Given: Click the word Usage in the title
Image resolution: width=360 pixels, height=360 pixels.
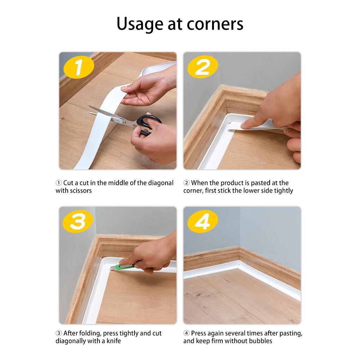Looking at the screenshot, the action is [140, 24].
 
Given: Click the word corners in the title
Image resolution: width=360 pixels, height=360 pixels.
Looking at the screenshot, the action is [215, 24].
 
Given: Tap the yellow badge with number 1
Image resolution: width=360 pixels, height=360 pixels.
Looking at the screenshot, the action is [79, 67].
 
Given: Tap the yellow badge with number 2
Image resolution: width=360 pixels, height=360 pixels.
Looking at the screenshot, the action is [203, 67].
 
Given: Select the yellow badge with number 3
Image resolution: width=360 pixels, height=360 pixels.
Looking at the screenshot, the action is [78, 221].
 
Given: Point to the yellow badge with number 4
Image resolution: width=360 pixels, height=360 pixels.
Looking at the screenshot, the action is [203, 221].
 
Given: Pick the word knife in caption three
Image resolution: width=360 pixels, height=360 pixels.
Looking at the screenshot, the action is [113, 341].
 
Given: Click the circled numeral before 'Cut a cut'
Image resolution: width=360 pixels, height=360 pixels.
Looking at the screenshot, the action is [59, 183].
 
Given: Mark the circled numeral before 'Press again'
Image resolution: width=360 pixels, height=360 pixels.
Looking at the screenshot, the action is [186, 333].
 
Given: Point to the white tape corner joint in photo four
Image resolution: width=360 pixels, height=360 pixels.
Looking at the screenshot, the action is [238, 264].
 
